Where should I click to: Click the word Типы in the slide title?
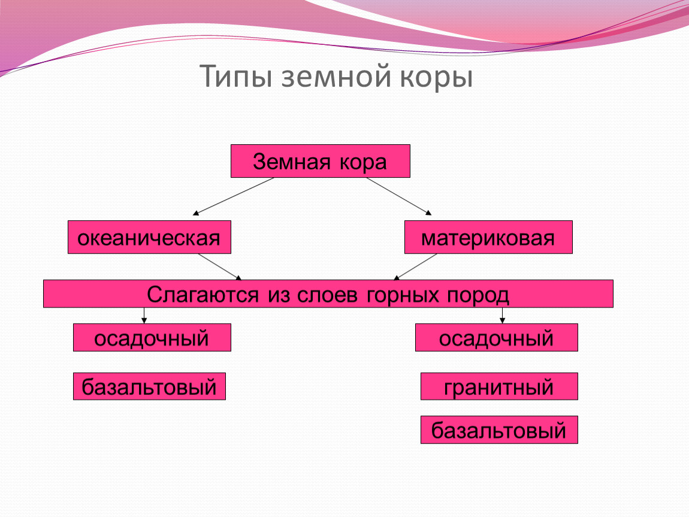tap(235, 77)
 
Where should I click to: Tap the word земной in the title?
tap(336, 76)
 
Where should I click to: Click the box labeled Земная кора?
tap(321, 161)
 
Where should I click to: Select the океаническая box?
tap(149, 237)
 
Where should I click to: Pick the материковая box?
tap(488, 237)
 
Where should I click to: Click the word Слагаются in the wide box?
tap(203, 294)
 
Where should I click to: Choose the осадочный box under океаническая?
tap(152, 337)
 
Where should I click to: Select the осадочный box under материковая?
tap(497, 337)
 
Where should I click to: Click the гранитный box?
tap(499, 386)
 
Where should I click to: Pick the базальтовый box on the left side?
tap(149, 386)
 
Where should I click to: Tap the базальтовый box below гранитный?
tap(499, 430)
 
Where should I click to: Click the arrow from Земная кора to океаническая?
tap(233, 196)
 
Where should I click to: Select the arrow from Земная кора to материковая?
tap(399, 196)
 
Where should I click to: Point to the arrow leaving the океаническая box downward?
tap(220, 267)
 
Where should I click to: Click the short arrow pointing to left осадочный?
tap(144, 315)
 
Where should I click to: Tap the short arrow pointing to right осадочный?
tap(502, 315)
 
